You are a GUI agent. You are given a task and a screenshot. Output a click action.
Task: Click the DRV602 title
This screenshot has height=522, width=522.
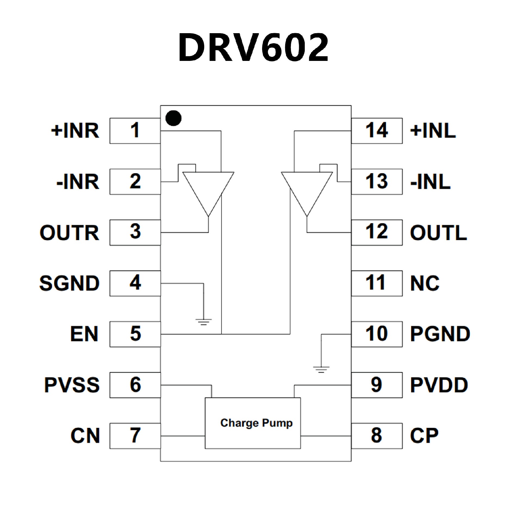[253, 48]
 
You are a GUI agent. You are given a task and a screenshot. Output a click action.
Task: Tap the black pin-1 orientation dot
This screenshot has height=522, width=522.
[173, 118]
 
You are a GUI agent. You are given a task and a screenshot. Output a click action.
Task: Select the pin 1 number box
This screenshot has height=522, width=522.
[135, 130]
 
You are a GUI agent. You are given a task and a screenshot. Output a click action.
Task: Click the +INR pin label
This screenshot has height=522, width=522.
[75, 130]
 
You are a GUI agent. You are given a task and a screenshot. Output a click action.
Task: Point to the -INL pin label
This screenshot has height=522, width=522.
[430, 182]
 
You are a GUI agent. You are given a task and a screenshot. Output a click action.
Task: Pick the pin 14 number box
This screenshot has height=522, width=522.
[377, 130]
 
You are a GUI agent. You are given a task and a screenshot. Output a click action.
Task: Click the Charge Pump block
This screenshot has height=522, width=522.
[253, 423]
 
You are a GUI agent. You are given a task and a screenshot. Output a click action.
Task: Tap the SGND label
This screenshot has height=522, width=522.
[69, 283]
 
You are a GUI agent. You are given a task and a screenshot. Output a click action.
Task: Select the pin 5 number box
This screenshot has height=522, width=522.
[135, 334]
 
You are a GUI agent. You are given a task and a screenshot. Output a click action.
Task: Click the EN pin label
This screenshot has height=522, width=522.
[84, 334]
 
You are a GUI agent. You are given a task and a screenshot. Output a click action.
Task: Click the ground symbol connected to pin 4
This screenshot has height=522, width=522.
[203, 322]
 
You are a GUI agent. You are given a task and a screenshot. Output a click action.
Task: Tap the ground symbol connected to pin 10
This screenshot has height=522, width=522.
[321, 369]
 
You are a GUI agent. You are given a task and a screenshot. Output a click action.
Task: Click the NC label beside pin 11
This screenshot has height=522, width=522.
[425, 283]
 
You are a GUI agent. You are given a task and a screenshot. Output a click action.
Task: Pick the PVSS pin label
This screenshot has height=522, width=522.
[72, 385]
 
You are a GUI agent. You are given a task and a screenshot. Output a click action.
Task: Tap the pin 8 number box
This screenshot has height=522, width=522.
[377, 436]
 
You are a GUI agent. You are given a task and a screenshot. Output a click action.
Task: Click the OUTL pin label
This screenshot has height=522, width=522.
[438, 233]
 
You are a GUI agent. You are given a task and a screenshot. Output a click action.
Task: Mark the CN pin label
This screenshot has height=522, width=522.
[85, 436]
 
